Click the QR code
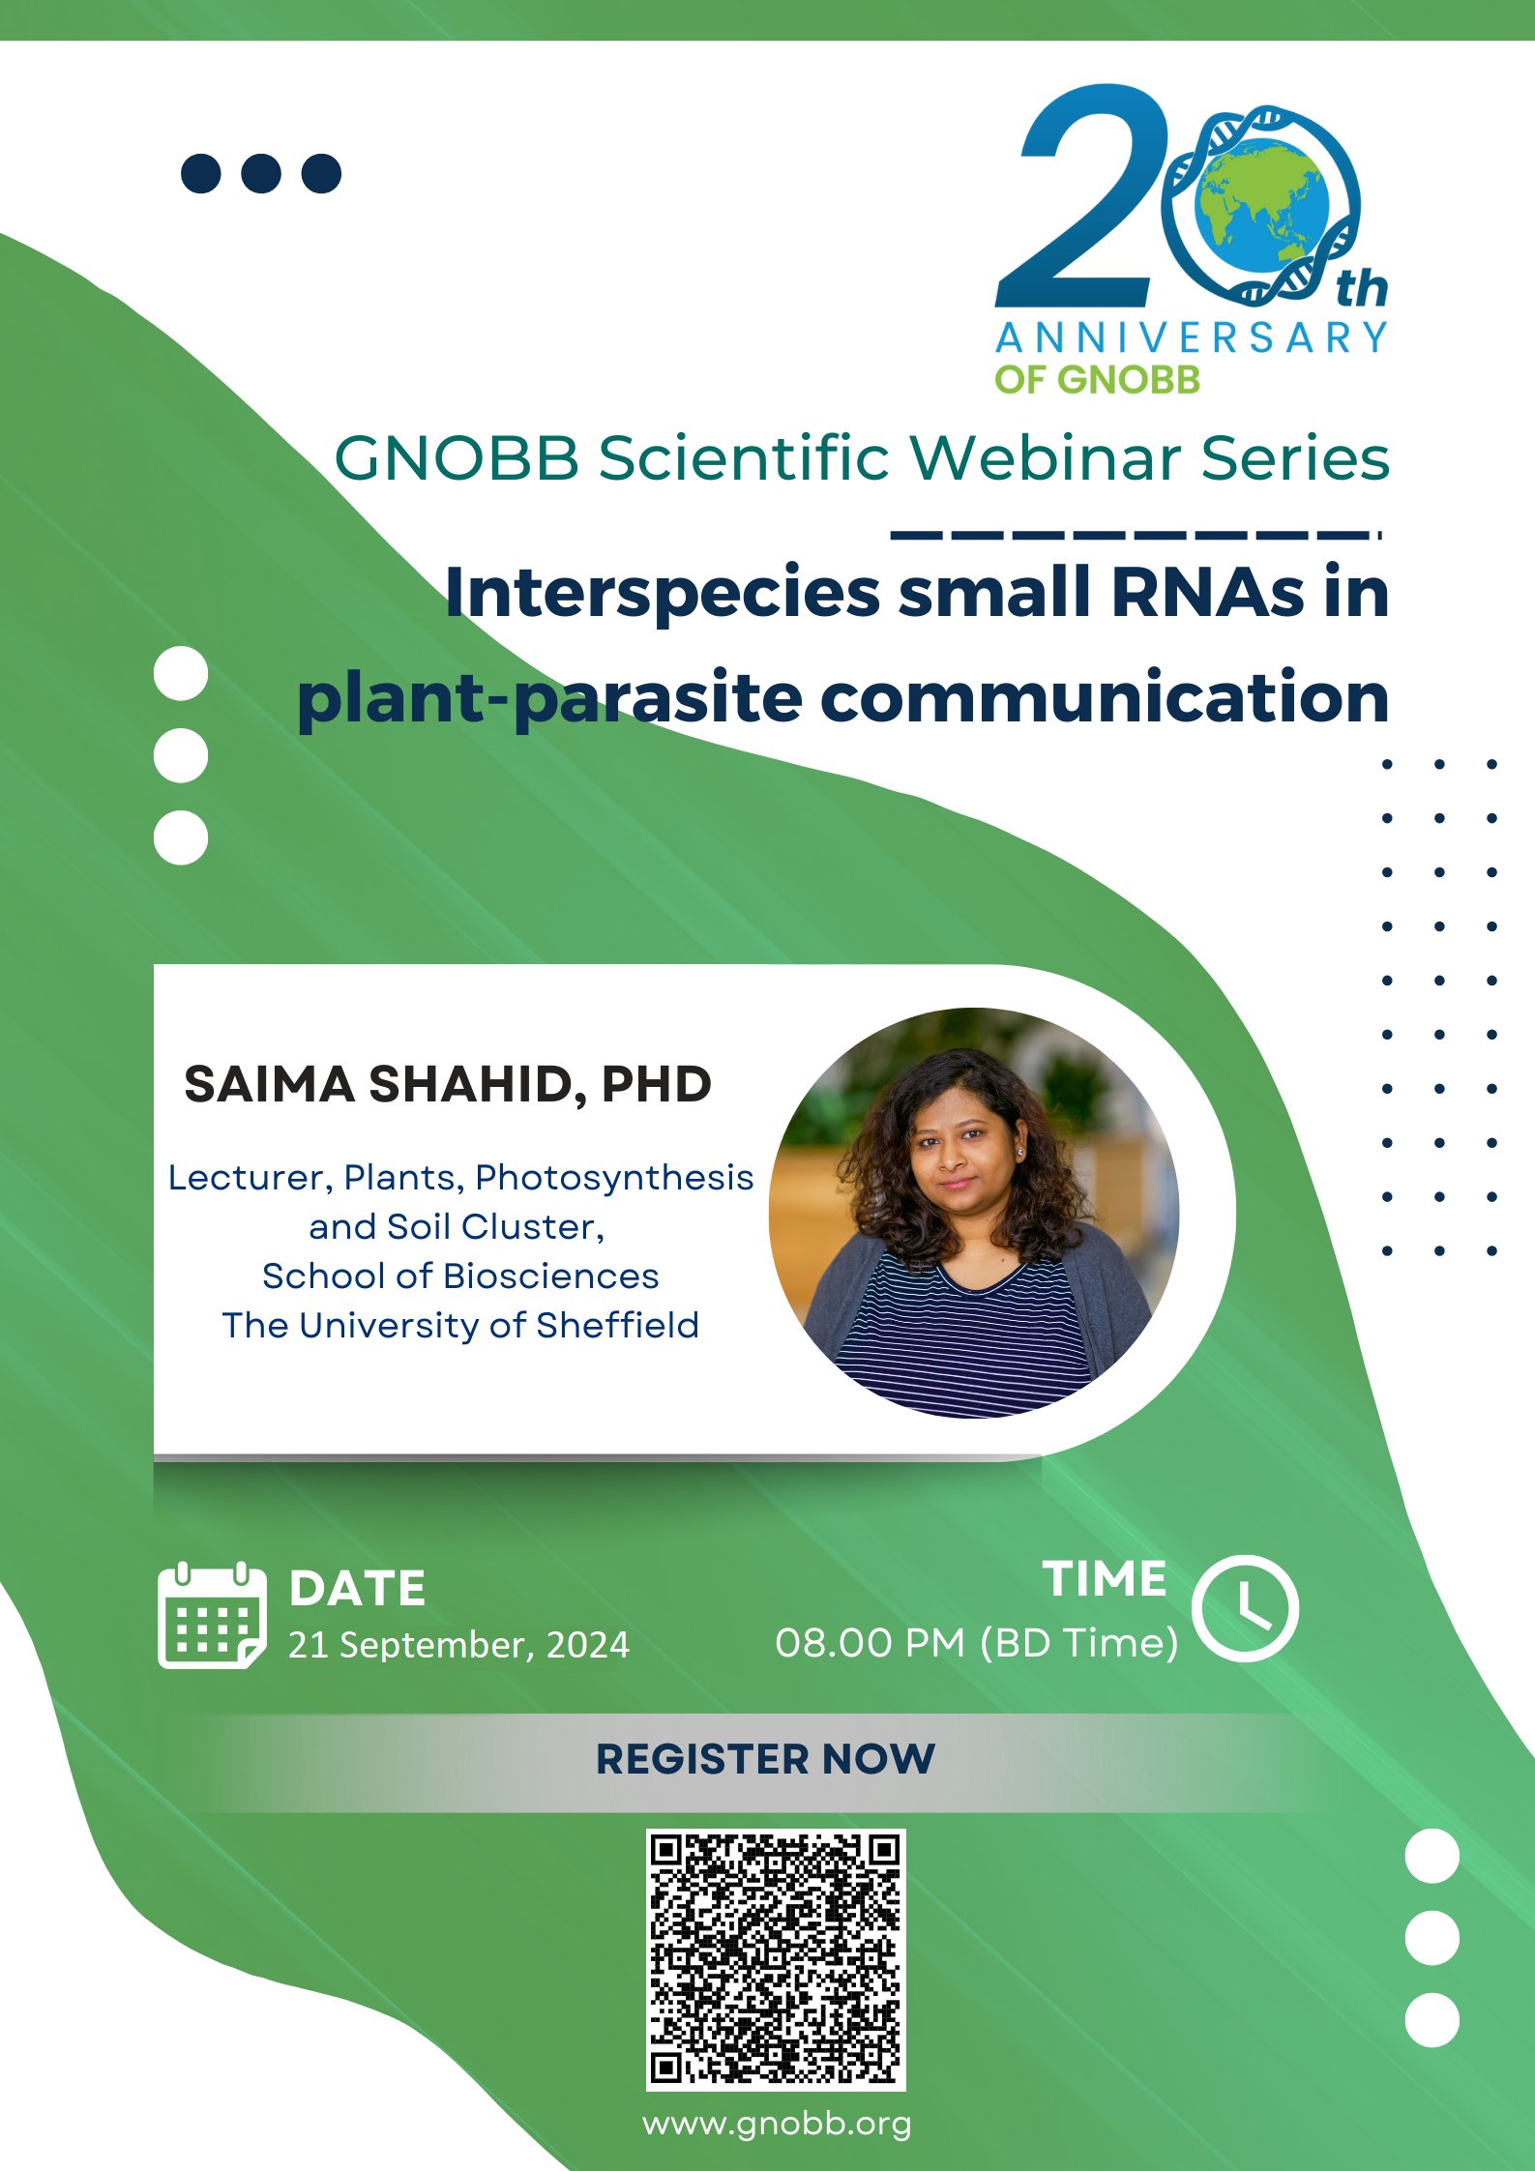click(x=776, y=1959)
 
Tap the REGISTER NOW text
click(x=765, y=1759)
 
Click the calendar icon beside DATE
click(x=211, y=1615)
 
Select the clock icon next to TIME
click(x=1245, y=1608)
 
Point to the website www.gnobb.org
click(x=777, y=2124)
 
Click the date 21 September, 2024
click(x=458, y=1645)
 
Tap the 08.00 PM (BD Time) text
click(x=976, y=1643)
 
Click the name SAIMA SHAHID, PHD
click(x=448, y=1084)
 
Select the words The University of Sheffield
click(x=460, y=1325)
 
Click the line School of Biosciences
click(x=460, y=1276)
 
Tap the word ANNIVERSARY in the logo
click(x=1192, y=338)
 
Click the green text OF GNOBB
click(x=1097, y=380)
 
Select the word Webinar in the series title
click(x=1045, y=457)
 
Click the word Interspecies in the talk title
click(x=662, y=592)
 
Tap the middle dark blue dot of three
click(x=261, y=173)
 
